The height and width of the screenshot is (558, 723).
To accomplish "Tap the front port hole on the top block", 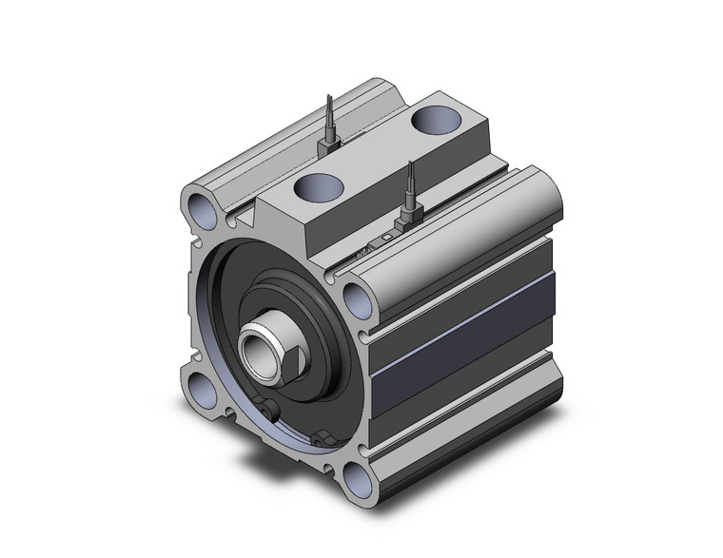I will (x=312, y=186).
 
